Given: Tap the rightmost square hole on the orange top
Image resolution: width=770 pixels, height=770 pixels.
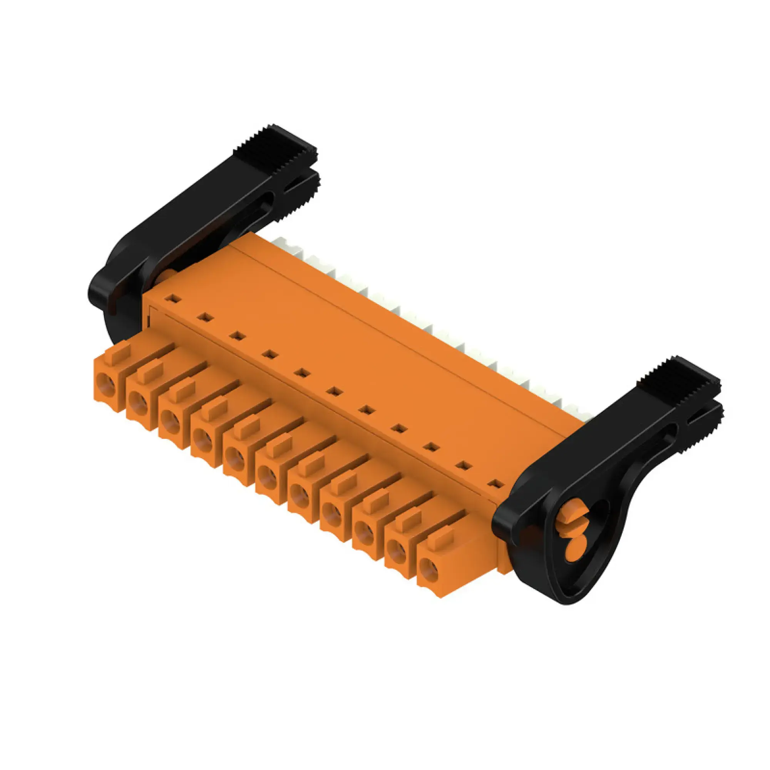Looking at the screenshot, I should pos(495,484).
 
